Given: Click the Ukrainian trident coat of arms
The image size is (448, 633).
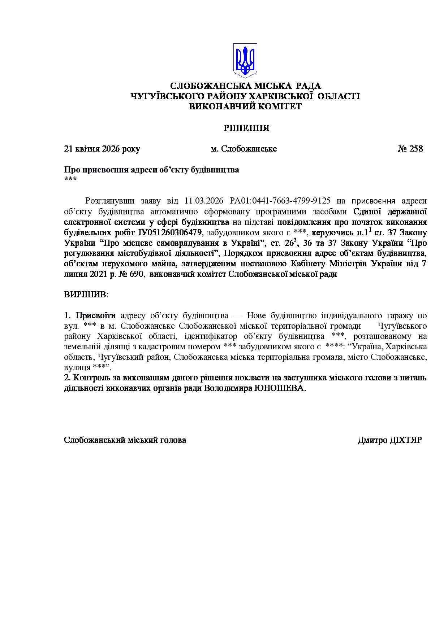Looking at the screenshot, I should (x=245, y=60).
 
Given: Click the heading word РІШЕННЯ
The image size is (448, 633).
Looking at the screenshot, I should (x=246, y=128).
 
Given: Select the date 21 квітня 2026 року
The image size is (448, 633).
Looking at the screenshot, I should (x=102, y=149).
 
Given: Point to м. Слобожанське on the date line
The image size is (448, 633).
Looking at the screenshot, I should (x=244, y=149).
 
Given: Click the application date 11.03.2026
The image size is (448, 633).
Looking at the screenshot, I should (x=203, y=201).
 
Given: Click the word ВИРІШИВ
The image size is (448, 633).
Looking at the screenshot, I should (x=86, y=294).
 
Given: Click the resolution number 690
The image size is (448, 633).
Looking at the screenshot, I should (x=138, y=274).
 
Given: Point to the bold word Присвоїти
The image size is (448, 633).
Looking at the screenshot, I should (x=96, y=315).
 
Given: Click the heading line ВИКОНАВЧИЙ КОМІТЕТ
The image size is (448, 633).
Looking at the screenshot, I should (x=246, y=106).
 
